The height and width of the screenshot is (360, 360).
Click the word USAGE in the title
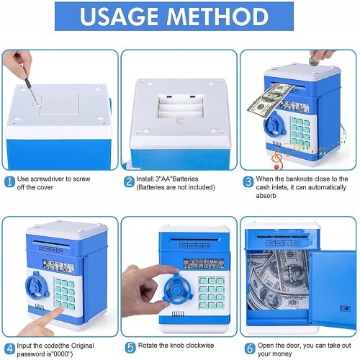119,17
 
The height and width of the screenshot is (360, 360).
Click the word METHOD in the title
217,17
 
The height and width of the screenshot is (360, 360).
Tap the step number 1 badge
10,182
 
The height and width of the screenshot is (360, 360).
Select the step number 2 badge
129,182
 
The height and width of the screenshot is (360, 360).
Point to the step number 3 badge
248,182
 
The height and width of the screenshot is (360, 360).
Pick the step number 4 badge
10,348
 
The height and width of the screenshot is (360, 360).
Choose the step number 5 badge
130,347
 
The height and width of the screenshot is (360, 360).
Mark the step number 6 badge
250,348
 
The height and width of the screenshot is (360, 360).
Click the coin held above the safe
314,61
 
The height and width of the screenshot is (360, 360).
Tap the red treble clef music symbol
277,158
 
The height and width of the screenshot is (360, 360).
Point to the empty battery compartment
181,107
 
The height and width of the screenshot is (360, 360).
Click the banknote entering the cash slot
270,99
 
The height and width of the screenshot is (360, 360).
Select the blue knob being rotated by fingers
178,289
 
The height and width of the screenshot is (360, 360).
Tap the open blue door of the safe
333,289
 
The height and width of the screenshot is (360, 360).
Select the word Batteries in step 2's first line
185,179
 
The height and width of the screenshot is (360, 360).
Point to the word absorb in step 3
266,196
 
